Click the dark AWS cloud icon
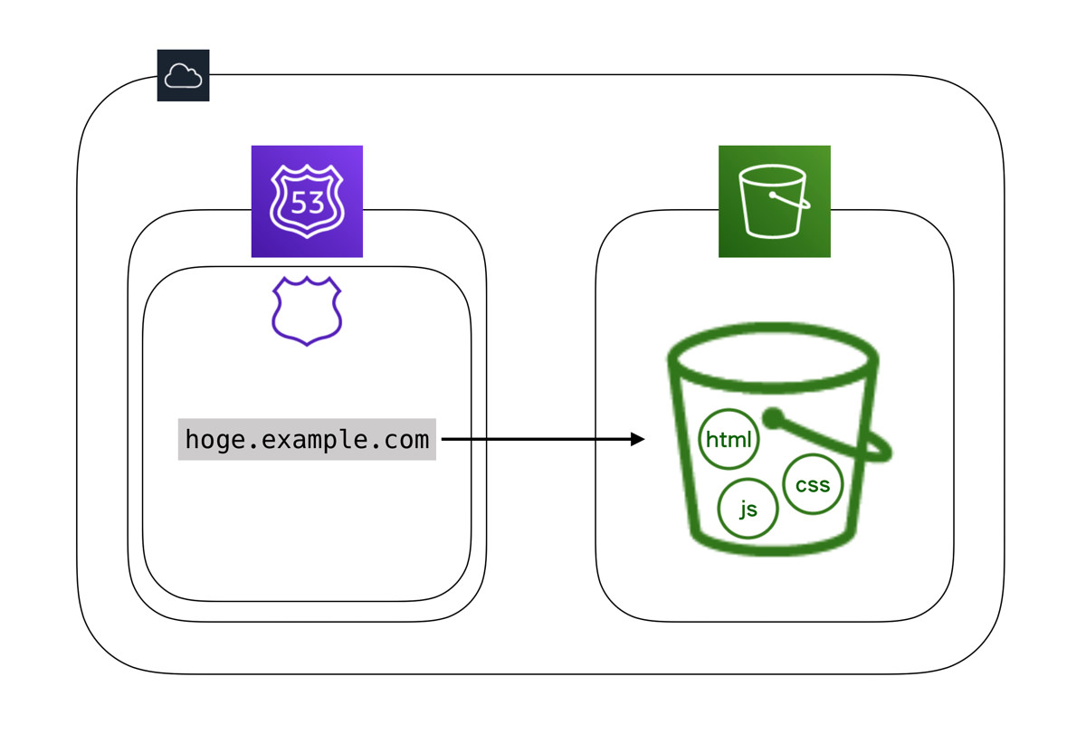tap(183, 75)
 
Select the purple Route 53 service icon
tap(307, 201)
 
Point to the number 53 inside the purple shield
tap(307, 203)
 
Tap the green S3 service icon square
tap(774, 201)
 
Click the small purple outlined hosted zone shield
tap(307, 311)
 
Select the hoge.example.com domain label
tap(307, 440)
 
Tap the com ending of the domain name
tap(406, 440)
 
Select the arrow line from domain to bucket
tap(534, 440)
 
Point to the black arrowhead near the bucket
tap(638, 440)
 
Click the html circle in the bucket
tap(729, 441)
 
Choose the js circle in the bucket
tap(748, 509)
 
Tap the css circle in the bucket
tap(812, 484)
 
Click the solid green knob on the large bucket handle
tap(772, 418)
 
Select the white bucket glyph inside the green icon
tap(774, 201)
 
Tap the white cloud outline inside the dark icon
tap(183, 76)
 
